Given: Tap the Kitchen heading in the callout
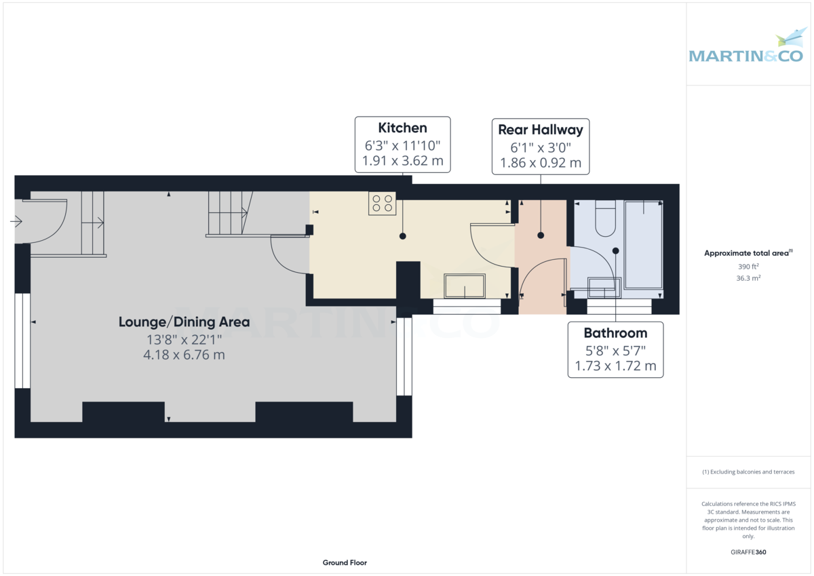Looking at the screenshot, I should [402, 128].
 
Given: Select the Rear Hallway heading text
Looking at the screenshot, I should [540, 130].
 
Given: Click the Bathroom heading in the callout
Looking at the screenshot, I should [615, 333].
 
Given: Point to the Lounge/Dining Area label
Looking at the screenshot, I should [184, 322].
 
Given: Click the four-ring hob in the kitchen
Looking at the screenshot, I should [383, 204].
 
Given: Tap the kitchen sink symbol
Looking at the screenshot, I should [465, 286].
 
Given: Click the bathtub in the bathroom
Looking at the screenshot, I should [643, 244].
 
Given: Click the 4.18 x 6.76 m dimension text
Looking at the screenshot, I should [184, 355].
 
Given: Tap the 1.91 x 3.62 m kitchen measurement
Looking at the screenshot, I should [402, 162].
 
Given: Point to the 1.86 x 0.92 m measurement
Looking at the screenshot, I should [540, 163].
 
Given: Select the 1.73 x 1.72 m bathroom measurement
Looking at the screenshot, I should [615, 366].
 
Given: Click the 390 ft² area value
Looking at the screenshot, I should [749, 266].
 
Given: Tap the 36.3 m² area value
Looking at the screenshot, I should [749, 277].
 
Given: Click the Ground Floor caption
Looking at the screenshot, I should [345, 562].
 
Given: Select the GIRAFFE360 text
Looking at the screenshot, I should [749, 552].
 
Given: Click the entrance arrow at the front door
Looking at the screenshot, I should [16, 221].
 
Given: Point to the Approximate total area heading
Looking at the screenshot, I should [748, 252].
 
